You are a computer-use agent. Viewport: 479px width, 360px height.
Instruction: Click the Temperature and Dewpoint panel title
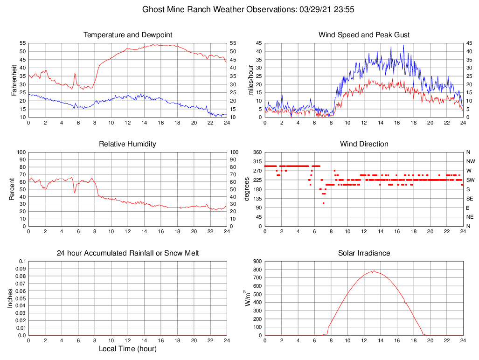point(128,35)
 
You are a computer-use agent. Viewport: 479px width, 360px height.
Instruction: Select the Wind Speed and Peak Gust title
point(364,35)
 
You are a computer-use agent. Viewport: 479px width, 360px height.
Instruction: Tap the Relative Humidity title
point(128,144)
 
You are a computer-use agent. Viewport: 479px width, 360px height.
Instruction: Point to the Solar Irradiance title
point(364,253)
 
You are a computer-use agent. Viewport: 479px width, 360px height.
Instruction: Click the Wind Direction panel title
point(364,144)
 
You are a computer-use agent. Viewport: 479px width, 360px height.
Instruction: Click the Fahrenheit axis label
point(14,80)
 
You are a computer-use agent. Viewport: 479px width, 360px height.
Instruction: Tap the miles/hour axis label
point(251,80)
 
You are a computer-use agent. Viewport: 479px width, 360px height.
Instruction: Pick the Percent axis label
point(12,189)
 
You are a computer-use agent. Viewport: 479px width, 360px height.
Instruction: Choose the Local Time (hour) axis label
point(128,349)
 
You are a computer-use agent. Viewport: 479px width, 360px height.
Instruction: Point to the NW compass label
point(470,161)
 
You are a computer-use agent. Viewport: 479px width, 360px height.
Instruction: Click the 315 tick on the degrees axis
point(257,161)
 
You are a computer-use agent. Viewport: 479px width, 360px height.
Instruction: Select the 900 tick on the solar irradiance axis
point(257,261)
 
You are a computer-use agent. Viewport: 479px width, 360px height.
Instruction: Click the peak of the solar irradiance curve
point(373,271)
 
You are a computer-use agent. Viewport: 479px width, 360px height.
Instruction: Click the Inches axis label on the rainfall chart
point(10,298)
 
